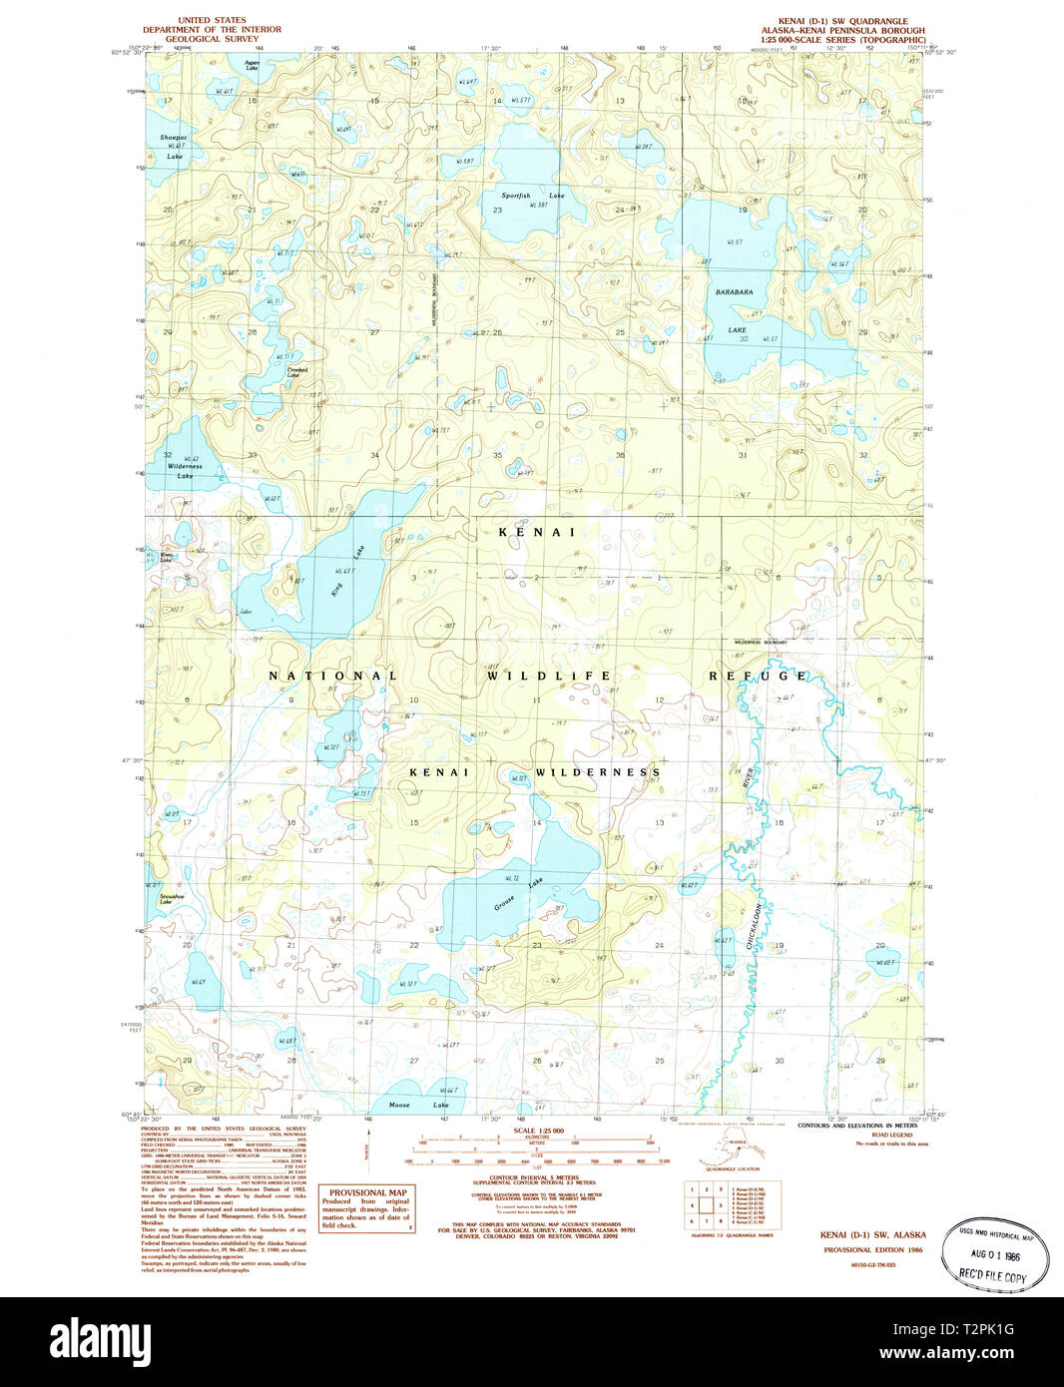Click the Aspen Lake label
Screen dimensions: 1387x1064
(253, 65)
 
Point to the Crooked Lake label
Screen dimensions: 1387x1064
(297, 372)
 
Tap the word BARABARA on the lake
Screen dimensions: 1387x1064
(734, 292)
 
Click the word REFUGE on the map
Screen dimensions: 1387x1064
(758, 676)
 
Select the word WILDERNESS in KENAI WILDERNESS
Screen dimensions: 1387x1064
(597, 772)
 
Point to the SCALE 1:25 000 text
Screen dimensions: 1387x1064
(538, 1131)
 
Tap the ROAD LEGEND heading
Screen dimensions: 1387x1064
(891, 1135)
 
